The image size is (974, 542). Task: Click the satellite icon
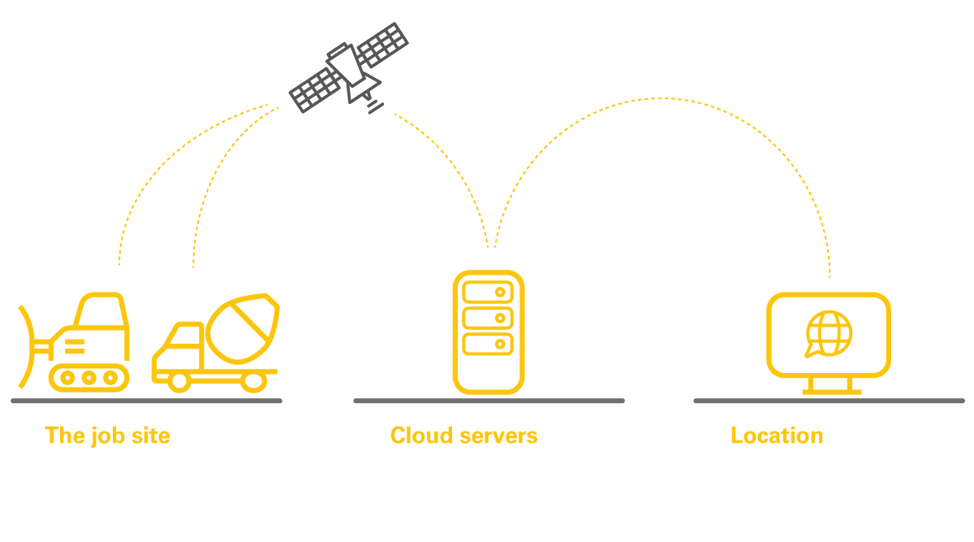click(x=348, y=68)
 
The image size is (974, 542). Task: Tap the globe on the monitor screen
click(x=829, y=333)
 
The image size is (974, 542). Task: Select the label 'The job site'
click(x=107, y=436)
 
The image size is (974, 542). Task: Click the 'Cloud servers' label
click(x=464, y=436)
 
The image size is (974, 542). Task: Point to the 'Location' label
click(x=777, y=436)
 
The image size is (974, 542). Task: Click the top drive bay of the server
click(x=488, y=292)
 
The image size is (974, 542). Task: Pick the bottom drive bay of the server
click(x=488, y=345)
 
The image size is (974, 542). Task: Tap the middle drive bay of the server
click(x=488, y=319)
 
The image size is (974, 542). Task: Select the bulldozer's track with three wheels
click(x=89, y=378)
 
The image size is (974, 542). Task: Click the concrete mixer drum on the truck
click(x=243, y=329)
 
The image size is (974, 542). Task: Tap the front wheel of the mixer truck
click(x=179, y=382)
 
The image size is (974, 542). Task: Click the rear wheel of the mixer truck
click(x=254, y=382)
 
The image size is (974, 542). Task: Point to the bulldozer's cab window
click(x=101, y=311)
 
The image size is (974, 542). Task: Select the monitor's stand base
click(x=832, y=392)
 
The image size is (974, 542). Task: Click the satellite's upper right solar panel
click(x=382, y=45)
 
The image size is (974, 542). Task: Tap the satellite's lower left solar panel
click(x=315, y=90)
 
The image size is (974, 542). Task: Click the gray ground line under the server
click(x=489, y=401)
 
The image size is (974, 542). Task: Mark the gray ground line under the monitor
click(x=830, y=401)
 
